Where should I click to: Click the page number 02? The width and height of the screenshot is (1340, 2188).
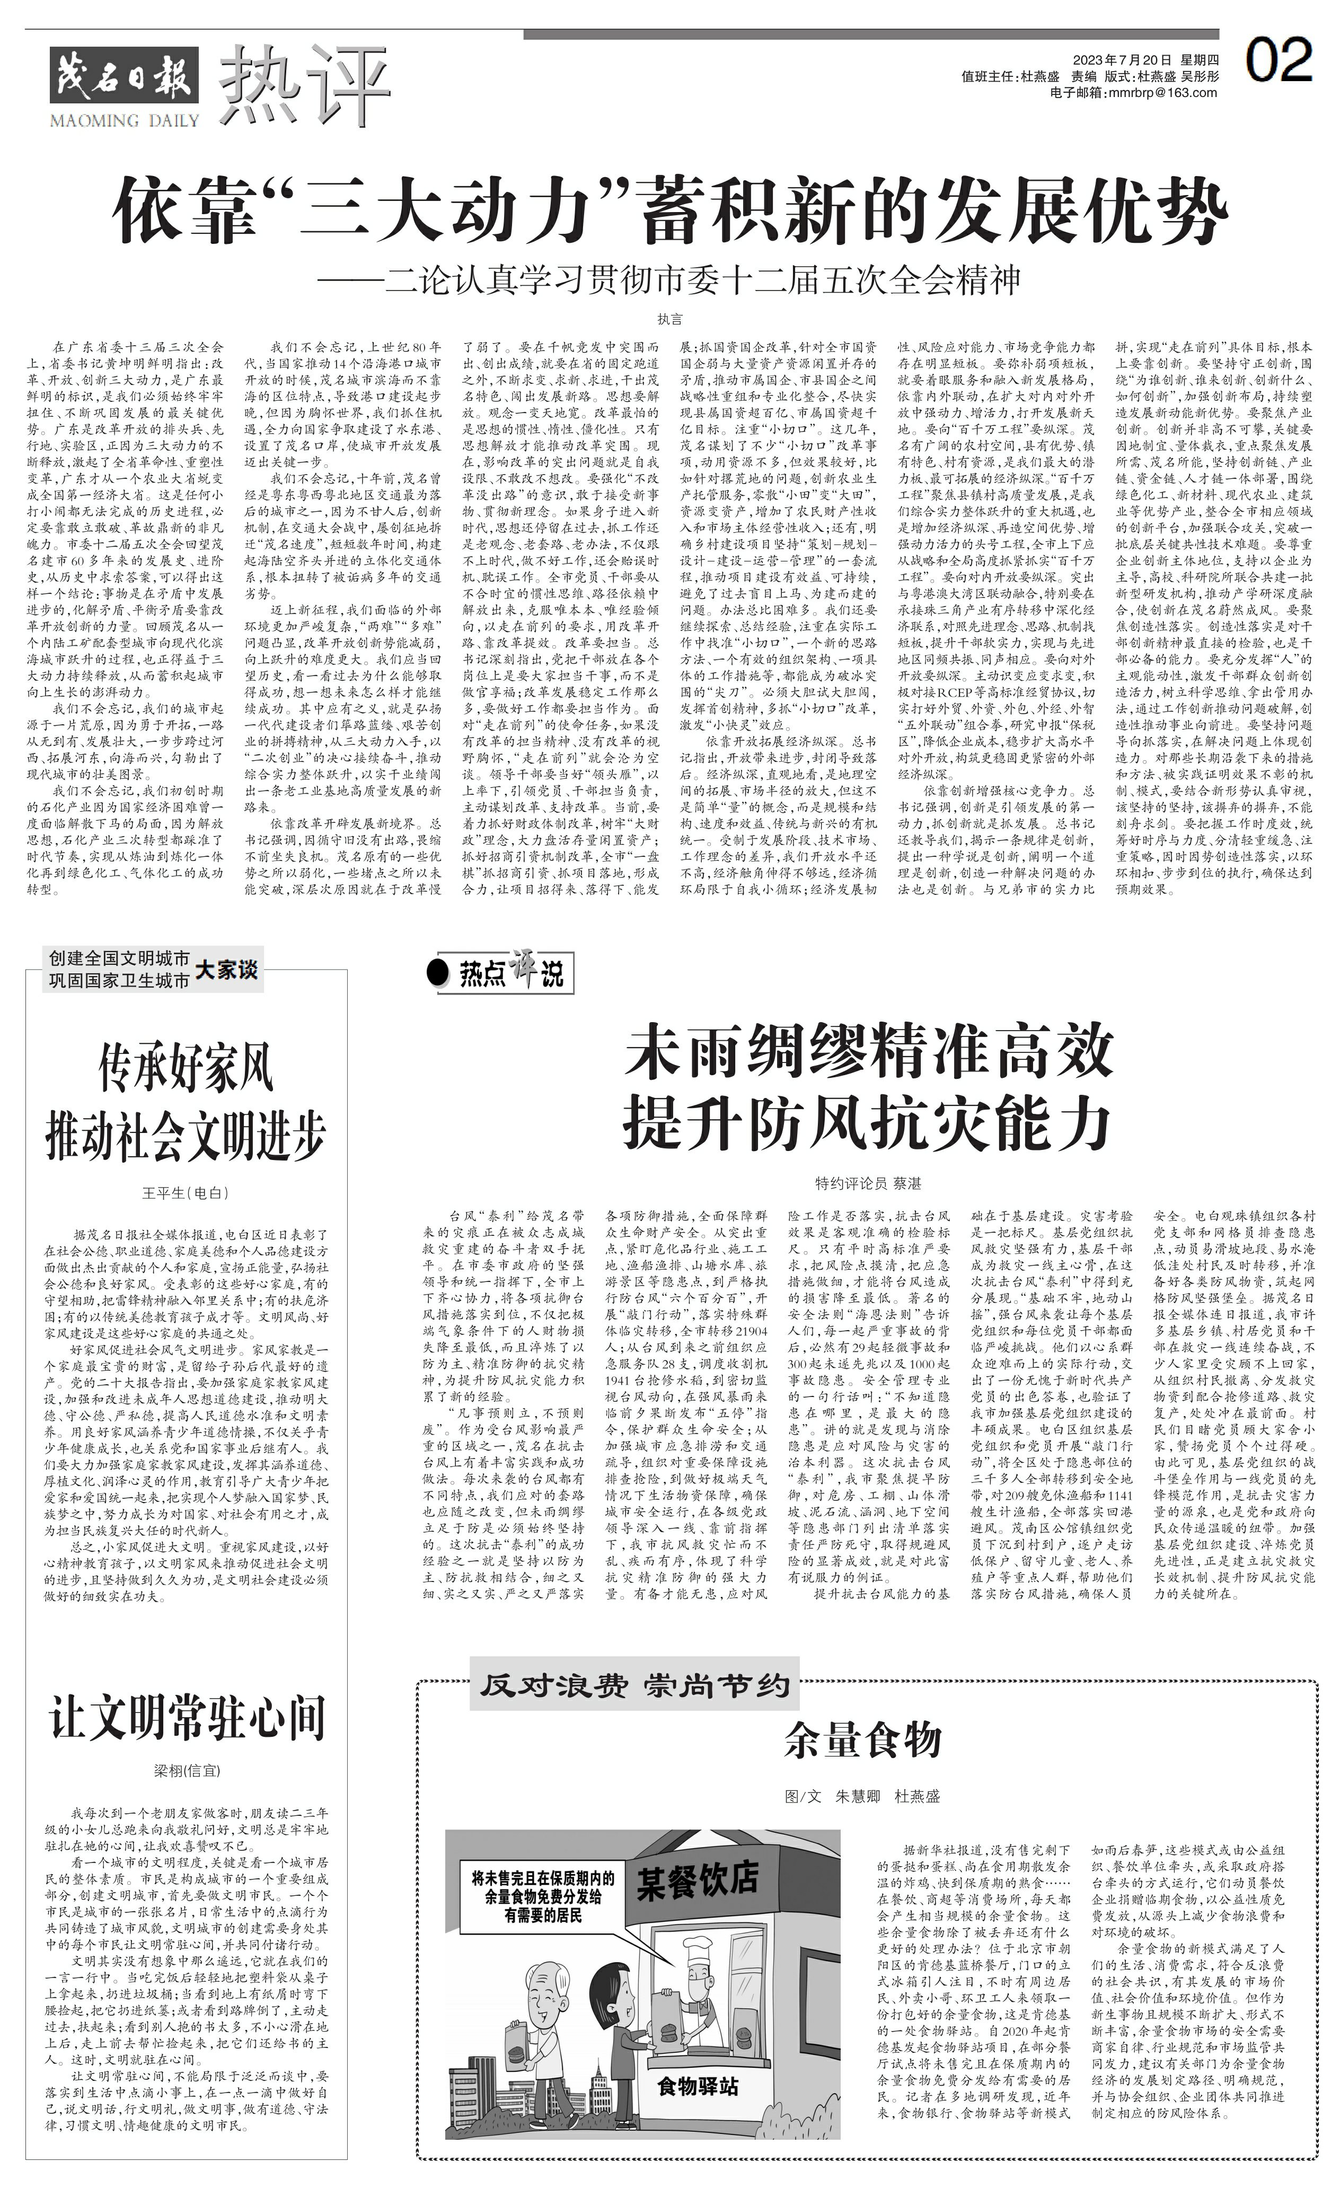click(x=1278, y=60)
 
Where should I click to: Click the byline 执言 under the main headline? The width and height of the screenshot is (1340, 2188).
click(x=669, y=319)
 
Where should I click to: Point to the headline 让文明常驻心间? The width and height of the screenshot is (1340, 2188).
click(x=187, y=1717)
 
